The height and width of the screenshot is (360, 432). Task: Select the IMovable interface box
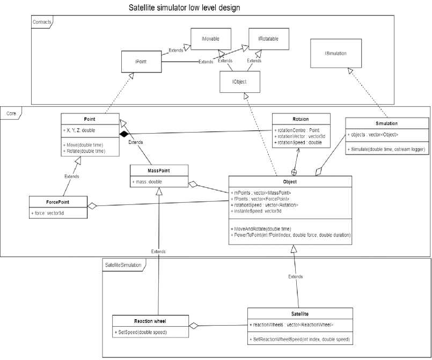pyautogui.click(x=209, y=40)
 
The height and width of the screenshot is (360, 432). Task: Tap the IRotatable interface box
pyautogui.click(x=267, y=39)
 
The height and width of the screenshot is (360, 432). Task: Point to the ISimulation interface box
pyautogui.click(x=335, y=54)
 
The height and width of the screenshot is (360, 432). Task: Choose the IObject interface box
pyautogui.click(x=239, y=82)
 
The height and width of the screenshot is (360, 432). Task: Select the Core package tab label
pyautogui.click(x=11, y=114)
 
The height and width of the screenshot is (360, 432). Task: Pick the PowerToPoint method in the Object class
pyautogui.click(x=290, y=236)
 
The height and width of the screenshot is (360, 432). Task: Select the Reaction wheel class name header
pyautogui.click(x=150, y=321)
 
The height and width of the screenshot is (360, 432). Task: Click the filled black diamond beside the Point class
pyautogui.click(x=123, y=133)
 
